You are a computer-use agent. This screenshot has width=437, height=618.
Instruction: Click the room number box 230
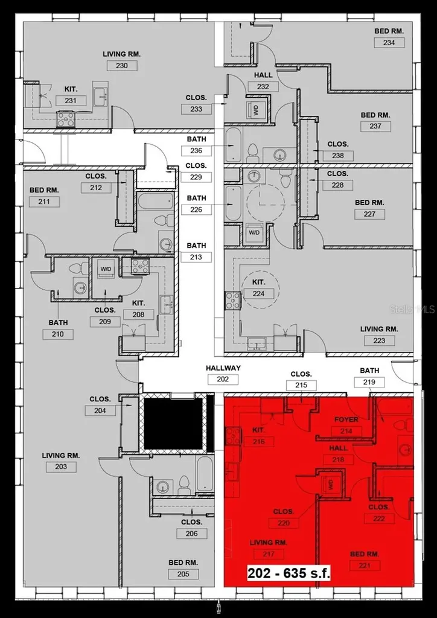121,65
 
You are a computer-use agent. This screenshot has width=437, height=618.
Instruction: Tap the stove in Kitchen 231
65,119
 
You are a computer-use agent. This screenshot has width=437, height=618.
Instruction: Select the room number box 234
389,42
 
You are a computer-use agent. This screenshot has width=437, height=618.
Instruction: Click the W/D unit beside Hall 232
255,110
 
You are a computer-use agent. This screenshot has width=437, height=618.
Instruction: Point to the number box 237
375,126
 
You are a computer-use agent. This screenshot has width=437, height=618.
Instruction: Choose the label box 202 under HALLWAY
223,380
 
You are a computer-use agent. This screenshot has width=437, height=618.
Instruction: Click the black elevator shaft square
173,423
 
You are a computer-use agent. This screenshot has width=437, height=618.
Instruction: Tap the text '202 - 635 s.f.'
289,573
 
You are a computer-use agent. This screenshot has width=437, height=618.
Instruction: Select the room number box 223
380,340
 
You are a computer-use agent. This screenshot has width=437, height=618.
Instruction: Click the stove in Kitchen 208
140,266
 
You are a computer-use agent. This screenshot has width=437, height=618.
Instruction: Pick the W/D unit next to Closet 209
106,271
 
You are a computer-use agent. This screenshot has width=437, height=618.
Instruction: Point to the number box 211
44,202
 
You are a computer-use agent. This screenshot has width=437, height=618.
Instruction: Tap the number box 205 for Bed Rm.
183,574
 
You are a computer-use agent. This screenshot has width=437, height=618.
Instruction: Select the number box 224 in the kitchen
258,293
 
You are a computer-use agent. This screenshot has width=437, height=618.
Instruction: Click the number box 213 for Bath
196,257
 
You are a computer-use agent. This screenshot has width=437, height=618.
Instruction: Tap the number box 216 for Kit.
258,442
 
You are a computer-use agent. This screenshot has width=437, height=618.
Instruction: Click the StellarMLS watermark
412,309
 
